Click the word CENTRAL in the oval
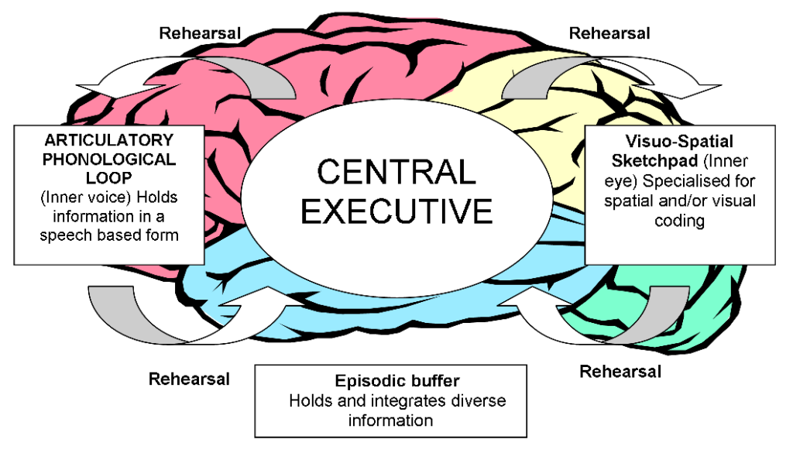point(396,172)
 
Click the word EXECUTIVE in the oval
point(396,211)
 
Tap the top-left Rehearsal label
point(200,33)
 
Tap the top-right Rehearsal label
point(609,33)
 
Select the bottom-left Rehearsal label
point(189,379)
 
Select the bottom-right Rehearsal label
point(620,371)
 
